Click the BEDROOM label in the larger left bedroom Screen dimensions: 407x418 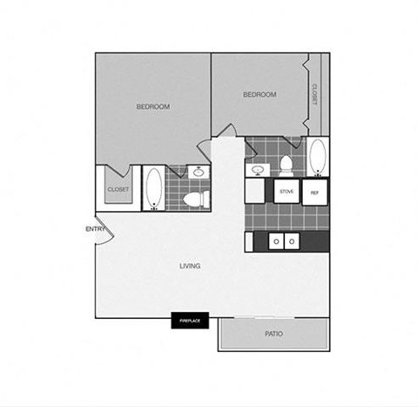click(153, 107)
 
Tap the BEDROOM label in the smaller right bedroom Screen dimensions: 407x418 click(260, 95)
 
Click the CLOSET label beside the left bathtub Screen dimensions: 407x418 click(118, 189)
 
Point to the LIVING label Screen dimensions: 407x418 click(191, 266)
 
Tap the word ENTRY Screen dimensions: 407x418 click(95, 229)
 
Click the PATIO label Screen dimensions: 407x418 click(273, 334)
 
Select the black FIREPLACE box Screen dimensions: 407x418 click(190, 322)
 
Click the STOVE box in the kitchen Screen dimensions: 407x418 click(286, 191)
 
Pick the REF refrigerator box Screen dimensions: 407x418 click(314, 191)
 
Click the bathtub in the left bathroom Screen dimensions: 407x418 click(153, 188)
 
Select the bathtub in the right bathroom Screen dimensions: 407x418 click(316, 158)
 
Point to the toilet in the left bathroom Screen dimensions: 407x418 click(196, 200)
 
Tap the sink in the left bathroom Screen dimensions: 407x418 click(199, 173)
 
